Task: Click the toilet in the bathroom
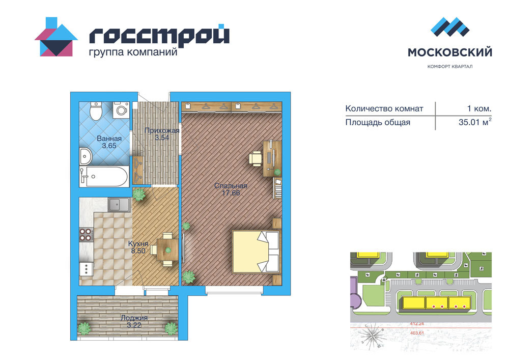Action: click(x=96, y=110)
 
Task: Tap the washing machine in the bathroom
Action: click(x=121, y=109)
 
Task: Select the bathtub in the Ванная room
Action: click(x=104, y=177)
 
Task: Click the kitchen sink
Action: click(x=119, y=205)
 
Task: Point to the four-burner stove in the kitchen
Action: click(x=87, y=234)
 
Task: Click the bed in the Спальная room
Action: click(x=256, y=252)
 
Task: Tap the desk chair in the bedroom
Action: click(x=256, y=159)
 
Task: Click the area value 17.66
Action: click(x=231, y=193)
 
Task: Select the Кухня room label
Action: click(x=138, y=243)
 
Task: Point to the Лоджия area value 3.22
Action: click(x=134, y=325)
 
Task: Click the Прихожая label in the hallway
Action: click(x=162, y=130)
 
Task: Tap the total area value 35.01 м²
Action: click(x=475, y=122)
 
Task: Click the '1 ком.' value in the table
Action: click(x=479, y=108)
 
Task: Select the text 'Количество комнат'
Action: click(x=384, y=108)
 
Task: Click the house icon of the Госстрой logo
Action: click(x=56, y=37)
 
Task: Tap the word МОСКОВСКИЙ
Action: click(x=450, y=52)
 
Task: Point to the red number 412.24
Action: click(x=417, y=324)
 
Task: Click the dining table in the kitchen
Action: click(x=167, y=250)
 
